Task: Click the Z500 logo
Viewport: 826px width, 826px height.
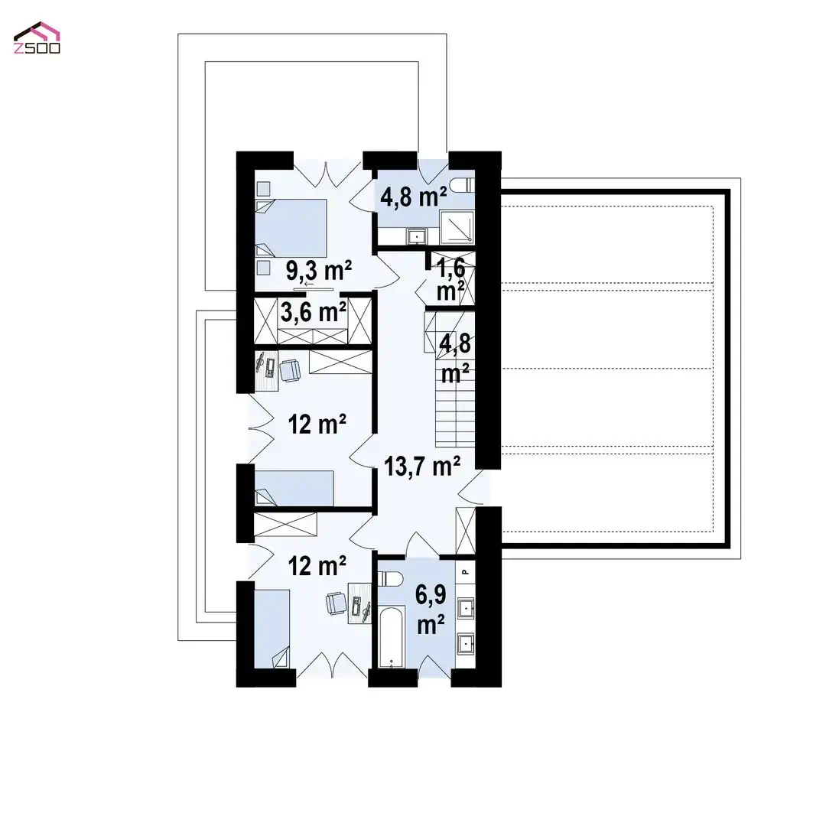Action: tap(37, 38)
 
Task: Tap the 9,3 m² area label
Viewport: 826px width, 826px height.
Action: tap(319, 271)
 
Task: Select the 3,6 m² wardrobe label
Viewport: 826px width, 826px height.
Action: tap(313, 312)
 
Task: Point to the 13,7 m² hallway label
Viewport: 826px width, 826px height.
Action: tap(422, 467)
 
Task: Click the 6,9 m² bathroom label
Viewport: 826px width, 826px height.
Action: tap(431, 610)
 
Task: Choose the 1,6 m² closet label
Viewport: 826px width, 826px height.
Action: tap(451, 280)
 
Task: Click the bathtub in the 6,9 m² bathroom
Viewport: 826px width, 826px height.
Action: tap(391, 637)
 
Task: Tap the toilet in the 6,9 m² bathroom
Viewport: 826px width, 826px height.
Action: tap(390, 578)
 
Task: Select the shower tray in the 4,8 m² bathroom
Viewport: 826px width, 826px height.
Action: tap(457, 227)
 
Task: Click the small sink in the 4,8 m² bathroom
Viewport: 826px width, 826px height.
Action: tap(418, 236)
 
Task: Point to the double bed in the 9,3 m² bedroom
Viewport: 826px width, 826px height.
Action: tap(291, 228)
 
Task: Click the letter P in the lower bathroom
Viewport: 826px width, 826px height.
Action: tap(465, 571)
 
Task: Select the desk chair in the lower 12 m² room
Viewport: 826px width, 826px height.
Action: tap(336, 603)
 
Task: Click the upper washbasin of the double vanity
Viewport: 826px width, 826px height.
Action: tap(466, 609)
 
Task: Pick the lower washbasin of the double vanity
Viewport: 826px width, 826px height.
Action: tap(466, 644)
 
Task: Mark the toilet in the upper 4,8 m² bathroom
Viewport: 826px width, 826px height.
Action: tap(465, 185)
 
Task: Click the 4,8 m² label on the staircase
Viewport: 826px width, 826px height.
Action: tap(455, 359)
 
